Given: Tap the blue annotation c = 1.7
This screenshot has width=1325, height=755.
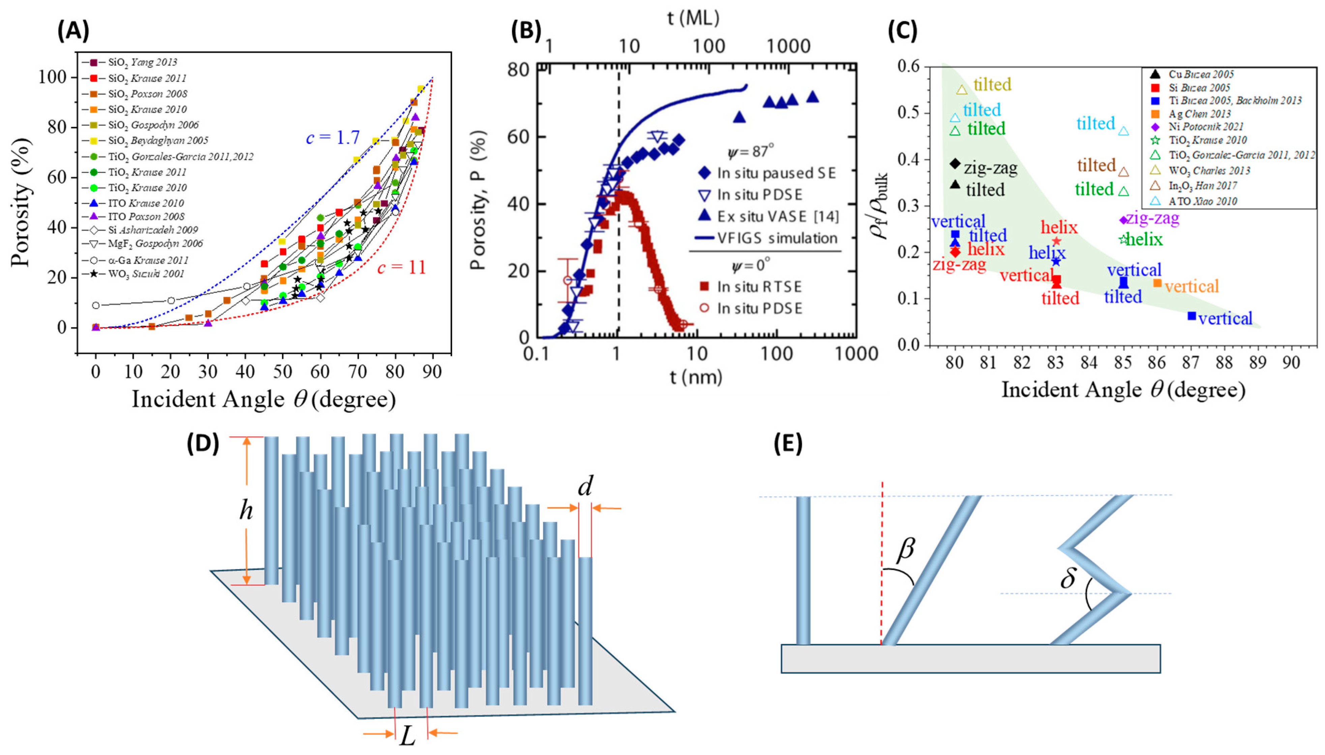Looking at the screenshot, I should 332,138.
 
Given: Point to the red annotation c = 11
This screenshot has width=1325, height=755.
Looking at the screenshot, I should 401,268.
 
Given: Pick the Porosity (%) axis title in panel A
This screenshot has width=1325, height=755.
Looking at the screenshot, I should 23,202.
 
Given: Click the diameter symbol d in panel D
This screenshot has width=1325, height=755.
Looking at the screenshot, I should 585,486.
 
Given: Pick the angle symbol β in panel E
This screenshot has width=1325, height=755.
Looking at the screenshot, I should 905,549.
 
